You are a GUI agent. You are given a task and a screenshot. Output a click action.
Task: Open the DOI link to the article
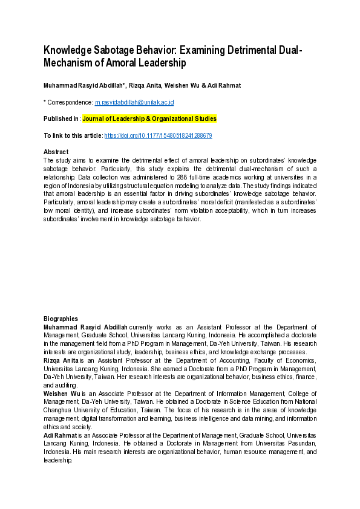(158, 136)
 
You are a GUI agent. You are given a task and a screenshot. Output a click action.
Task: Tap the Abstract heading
(56, 152)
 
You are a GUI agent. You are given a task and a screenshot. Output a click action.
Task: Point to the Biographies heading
(61, 319)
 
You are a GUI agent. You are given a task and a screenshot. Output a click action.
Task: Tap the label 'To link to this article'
(73, 136)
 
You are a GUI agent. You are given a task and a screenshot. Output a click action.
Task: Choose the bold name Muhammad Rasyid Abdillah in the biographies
(85, 326)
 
